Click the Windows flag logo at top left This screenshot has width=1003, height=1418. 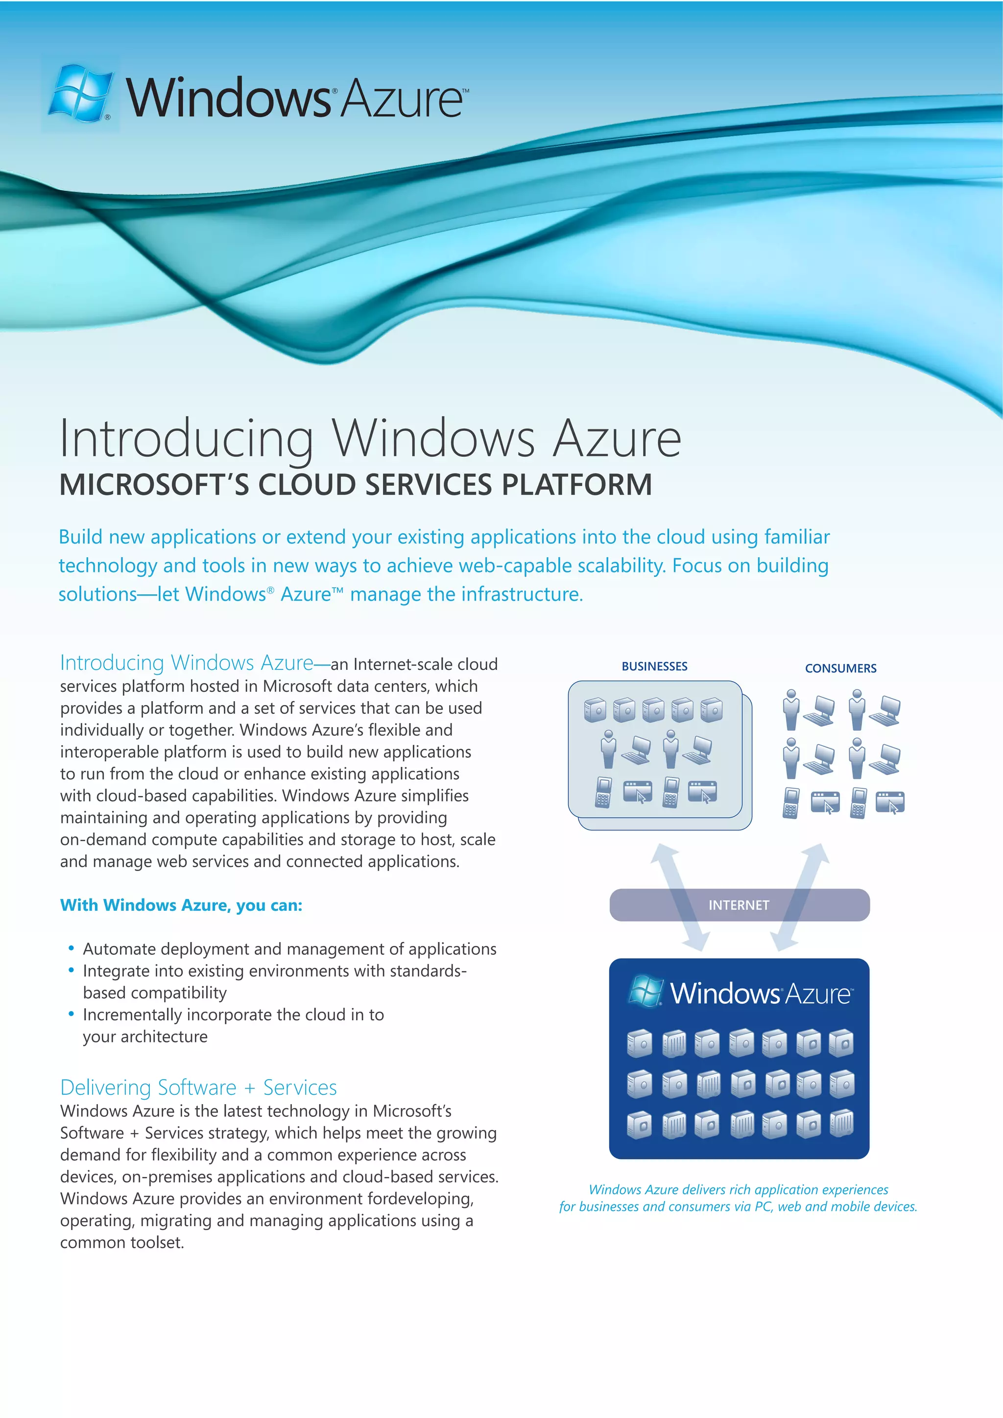(81, 93)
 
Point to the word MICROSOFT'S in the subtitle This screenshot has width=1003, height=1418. (154, 485)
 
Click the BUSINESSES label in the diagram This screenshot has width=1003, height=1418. (654, 666)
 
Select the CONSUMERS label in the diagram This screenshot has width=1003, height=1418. (840, 668)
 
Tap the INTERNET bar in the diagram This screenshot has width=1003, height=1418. (739, 905)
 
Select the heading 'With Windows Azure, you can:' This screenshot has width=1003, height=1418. (181, 905)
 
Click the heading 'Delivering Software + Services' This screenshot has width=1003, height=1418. (198, 1087)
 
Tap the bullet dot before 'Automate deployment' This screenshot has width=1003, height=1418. (72, 947)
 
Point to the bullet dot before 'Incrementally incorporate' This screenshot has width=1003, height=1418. (72, 1014)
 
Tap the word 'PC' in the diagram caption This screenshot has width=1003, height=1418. (764, 1207)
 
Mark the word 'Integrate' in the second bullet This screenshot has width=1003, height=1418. (116, 971)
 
